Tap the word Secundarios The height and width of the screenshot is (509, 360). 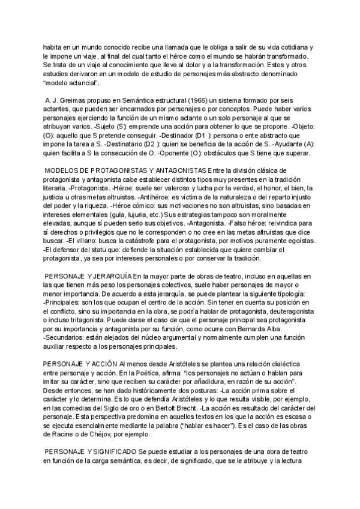coord(66,337)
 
